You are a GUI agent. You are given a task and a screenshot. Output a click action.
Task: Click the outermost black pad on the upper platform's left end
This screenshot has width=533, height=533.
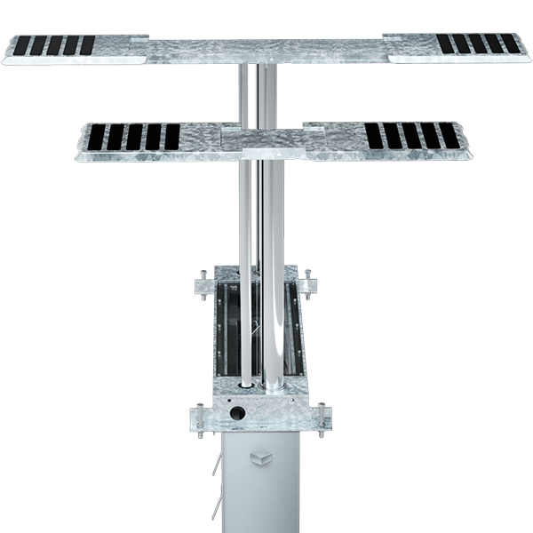pyautogui.click(x=22, y=45)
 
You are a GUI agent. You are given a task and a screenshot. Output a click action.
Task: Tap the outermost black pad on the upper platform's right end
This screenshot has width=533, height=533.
pyautogui.click(x=510, y=44)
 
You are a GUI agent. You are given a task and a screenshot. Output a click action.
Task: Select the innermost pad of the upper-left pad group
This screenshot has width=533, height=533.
pyautogui.click(x=87, y=45)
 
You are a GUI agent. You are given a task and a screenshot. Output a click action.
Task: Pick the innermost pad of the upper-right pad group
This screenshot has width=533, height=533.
pyautogui.click(x=445, y=44)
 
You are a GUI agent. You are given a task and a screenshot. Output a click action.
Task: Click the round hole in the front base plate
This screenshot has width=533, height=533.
pyautogui.click(x=237, y=413)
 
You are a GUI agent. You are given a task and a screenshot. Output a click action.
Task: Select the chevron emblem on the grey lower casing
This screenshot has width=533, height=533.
pyautogui.click(x=264, y=457)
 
